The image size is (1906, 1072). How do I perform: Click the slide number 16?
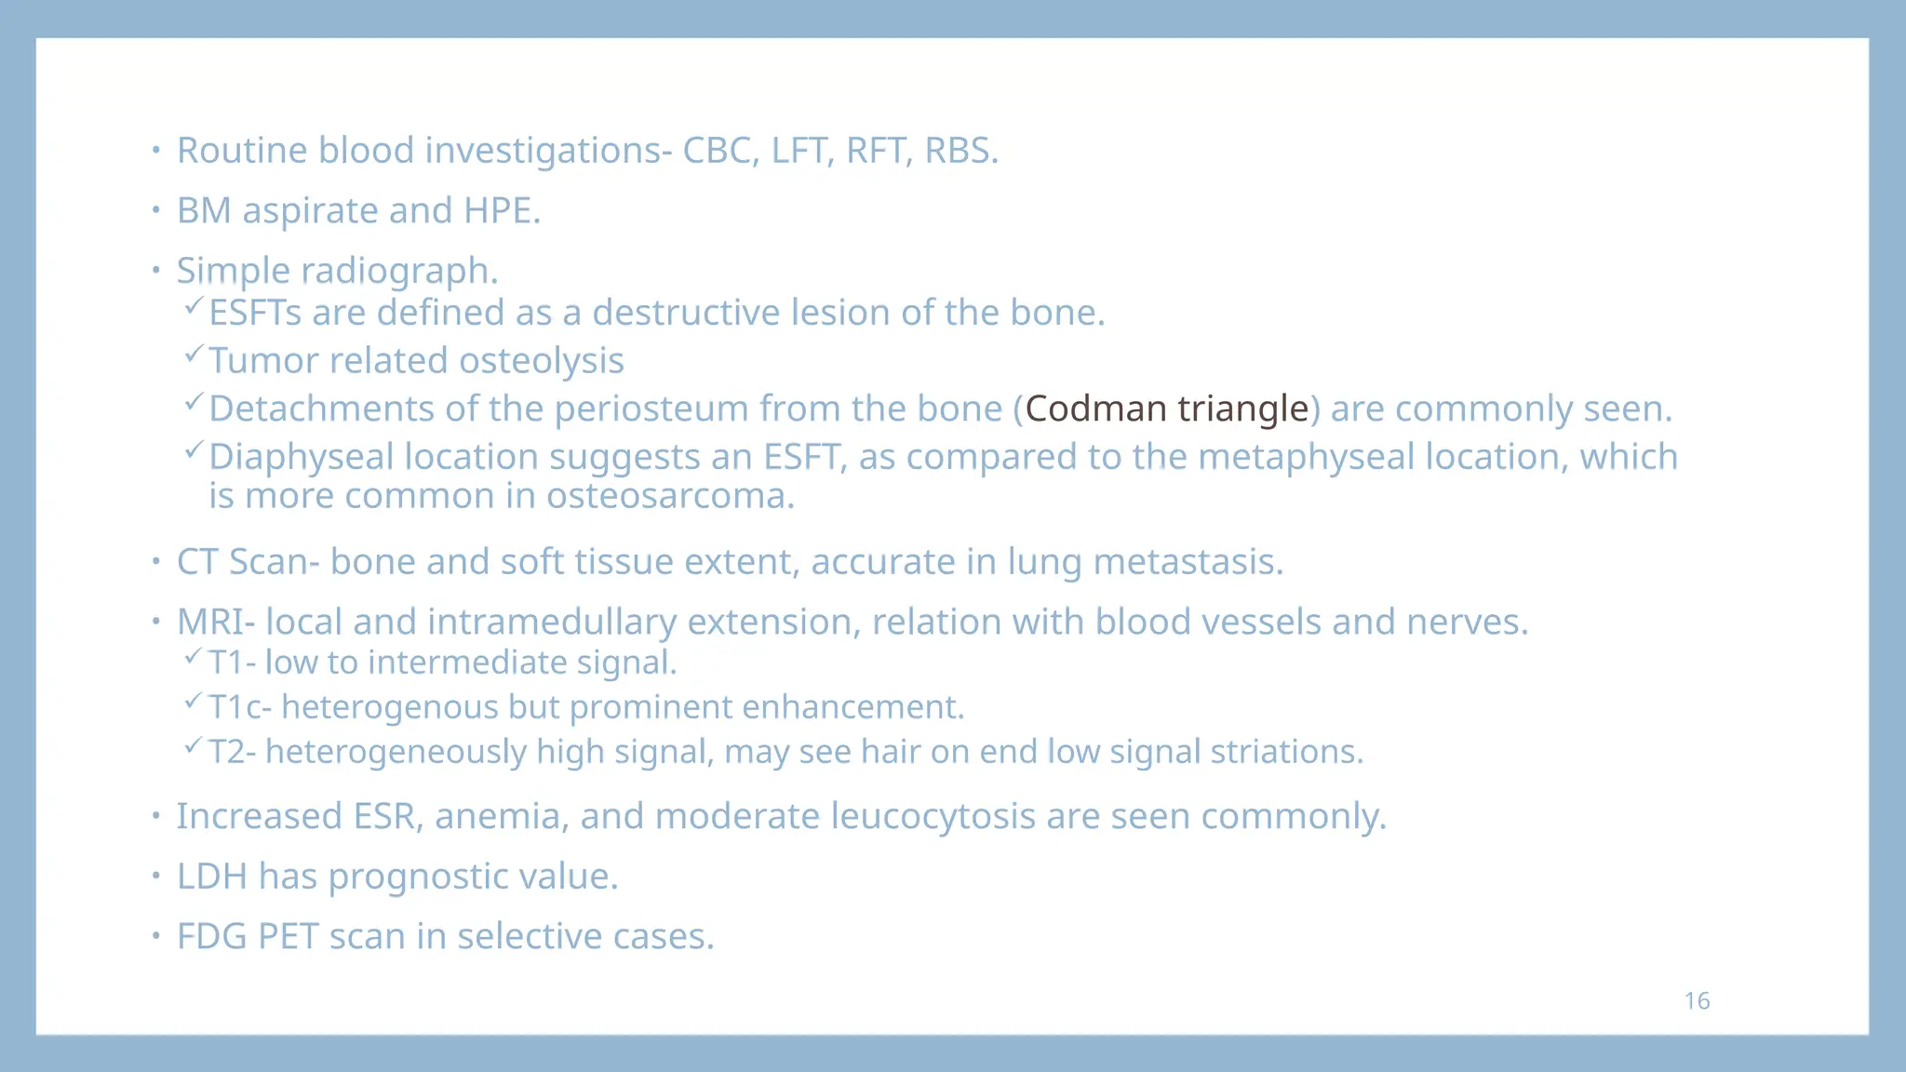pyautogui.click(x=1697, y=1000)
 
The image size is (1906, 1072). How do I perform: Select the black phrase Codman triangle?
pyautogui.click(x=1166, y=409)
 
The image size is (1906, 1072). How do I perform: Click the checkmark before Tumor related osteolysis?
pyautogui.click(x=193, y=354)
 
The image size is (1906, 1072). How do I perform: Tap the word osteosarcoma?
pyautogui.click(x=670, y=496)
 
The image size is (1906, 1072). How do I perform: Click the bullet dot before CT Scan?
pyautogui.click(x=156, y=561)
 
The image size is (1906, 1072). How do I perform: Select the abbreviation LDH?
pyautogui.click(x=212, y=877)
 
